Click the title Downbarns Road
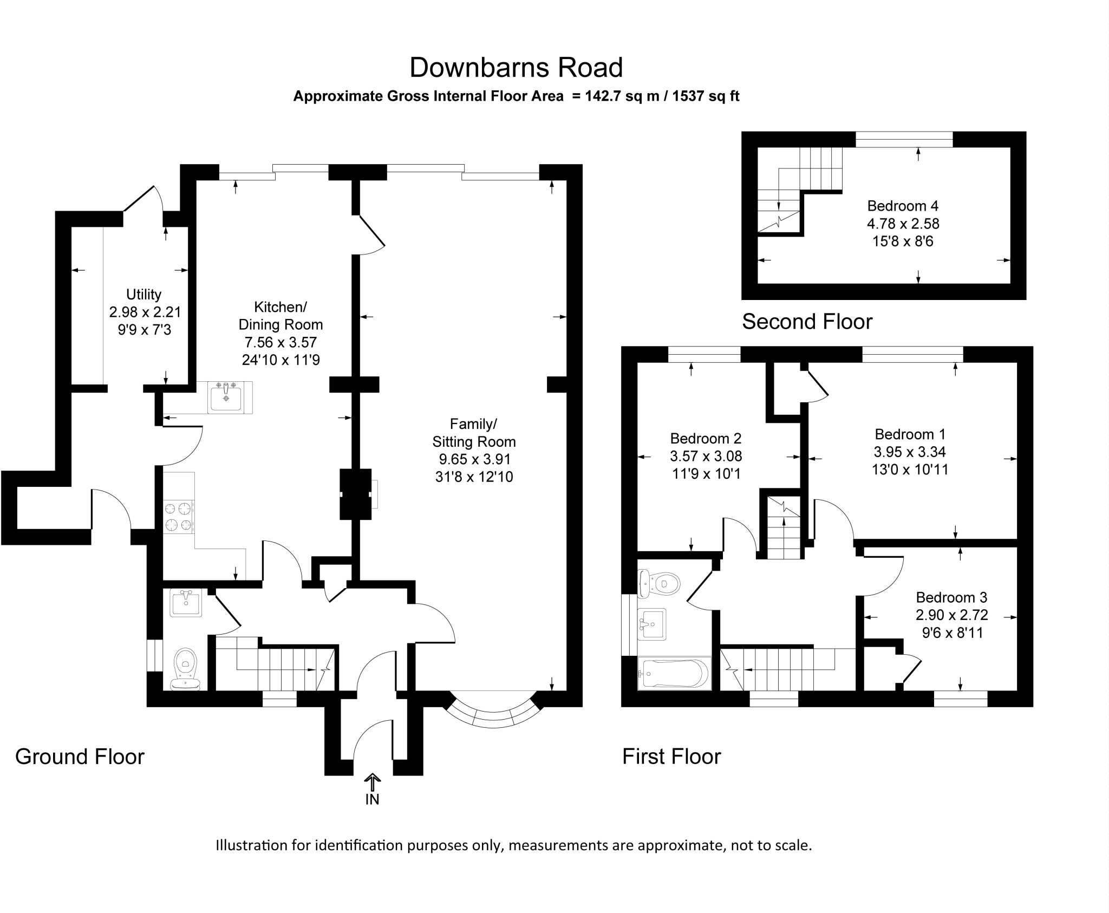(516, 68)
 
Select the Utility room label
(143, 295)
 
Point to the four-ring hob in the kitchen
(179, 517)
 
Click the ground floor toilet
(185, 669)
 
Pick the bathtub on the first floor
(674, 674)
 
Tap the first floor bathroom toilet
(658, 584)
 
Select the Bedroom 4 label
(903, 206)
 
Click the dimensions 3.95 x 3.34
(910, 452)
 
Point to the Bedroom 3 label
(951, 597)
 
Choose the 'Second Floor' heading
(807, 322)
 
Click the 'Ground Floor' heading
(80, 757)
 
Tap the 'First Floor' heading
(671, 757)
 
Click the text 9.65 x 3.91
(475, 459)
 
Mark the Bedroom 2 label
(706, 438)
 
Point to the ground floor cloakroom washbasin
(186, 602)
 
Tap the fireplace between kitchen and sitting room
(356, 494)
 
